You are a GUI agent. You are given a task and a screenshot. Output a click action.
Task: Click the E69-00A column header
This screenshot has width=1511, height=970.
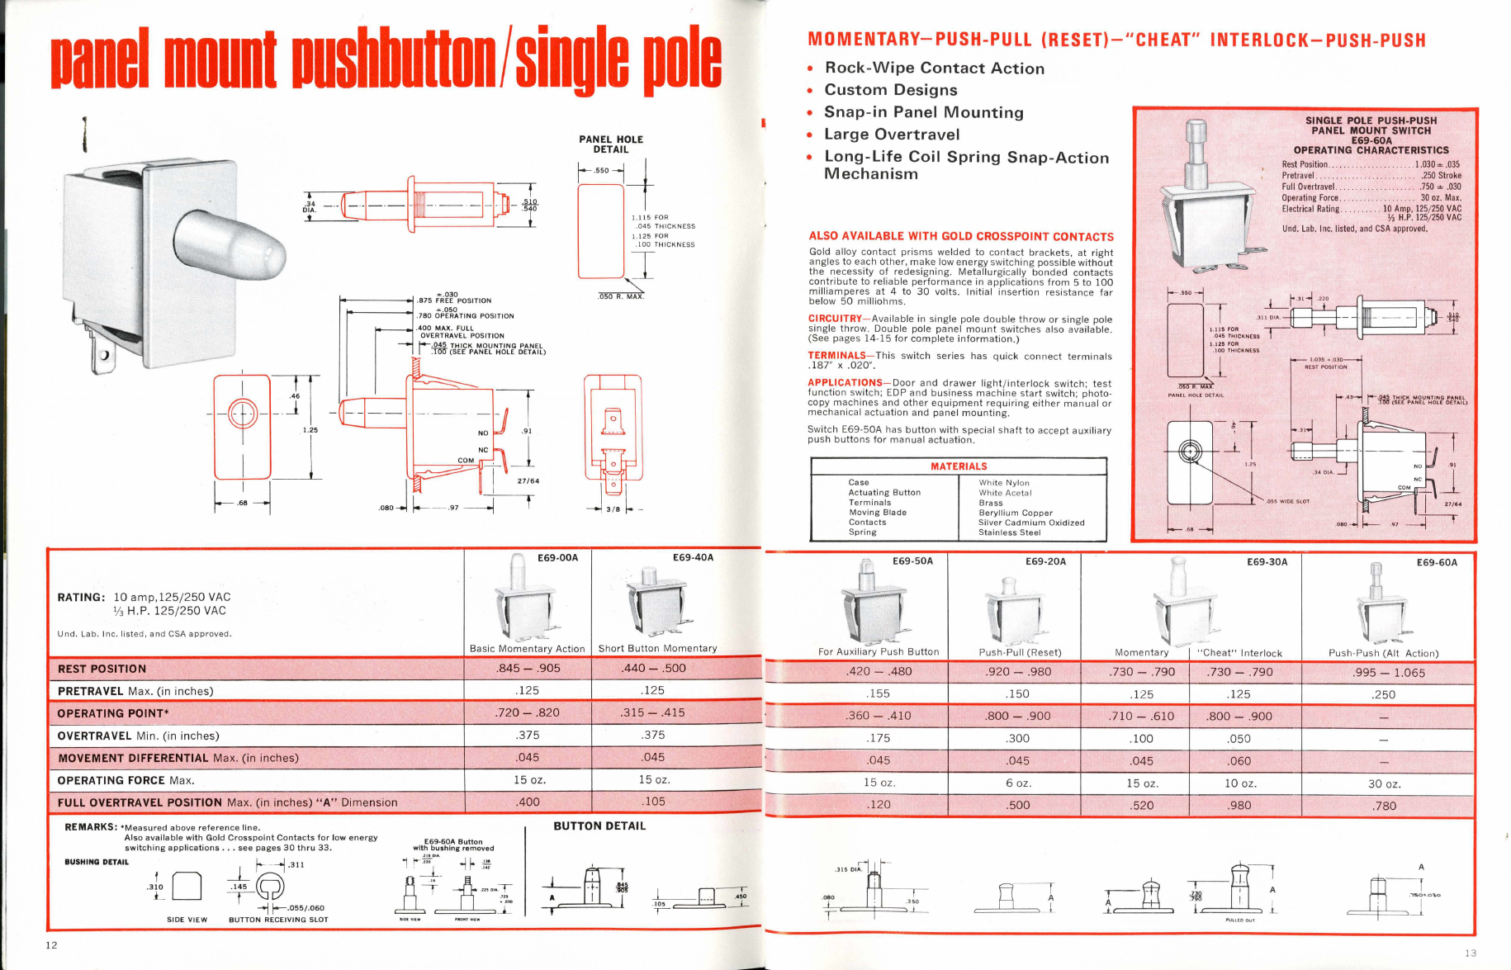(x=557, y=558)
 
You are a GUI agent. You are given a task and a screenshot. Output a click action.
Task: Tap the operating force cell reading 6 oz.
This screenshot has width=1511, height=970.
(x=1018, y=783)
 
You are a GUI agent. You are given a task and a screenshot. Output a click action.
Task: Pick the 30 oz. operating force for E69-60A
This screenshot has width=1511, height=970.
(x=1384, y=783)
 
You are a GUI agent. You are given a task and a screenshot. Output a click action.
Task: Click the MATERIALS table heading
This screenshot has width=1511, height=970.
(x=959, y=466)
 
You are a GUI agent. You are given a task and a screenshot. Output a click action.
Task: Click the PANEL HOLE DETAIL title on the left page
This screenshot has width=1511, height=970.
(x=610, y=144)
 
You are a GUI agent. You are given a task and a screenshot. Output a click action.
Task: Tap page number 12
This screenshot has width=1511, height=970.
(x=51, y=945)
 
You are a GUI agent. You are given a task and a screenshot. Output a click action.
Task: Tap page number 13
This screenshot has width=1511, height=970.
(x=1471, y=953)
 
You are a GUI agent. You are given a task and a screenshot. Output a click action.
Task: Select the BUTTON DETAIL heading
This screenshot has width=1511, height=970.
(x=599, y=826)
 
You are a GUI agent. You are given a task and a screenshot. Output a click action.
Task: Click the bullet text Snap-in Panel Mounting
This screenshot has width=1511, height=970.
(x=923, y=112)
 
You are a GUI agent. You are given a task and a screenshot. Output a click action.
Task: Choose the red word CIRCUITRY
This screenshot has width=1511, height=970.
(x=835, y=319)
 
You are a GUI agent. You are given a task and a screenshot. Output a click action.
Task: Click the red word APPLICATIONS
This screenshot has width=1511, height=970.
(x=845, y=383)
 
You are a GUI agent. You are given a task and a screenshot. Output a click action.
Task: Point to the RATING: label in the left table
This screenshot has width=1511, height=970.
(x=81, y=597)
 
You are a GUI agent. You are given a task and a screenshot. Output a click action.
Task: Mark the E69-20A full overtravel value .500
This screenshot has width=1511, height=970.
(x=1018, y=805)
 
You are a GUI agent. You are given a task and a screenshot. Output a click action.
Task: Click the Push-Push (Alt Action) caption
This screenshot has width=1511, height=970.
(x=1383, y=653)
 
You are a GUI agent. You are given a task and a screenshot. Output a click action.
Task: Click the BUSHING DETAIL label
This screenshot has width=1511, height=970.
(x=97, y=862)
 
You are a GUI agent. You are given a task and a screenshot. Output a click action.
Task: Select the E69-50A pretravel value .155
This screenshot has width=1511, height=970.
(x=879, y=694)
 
